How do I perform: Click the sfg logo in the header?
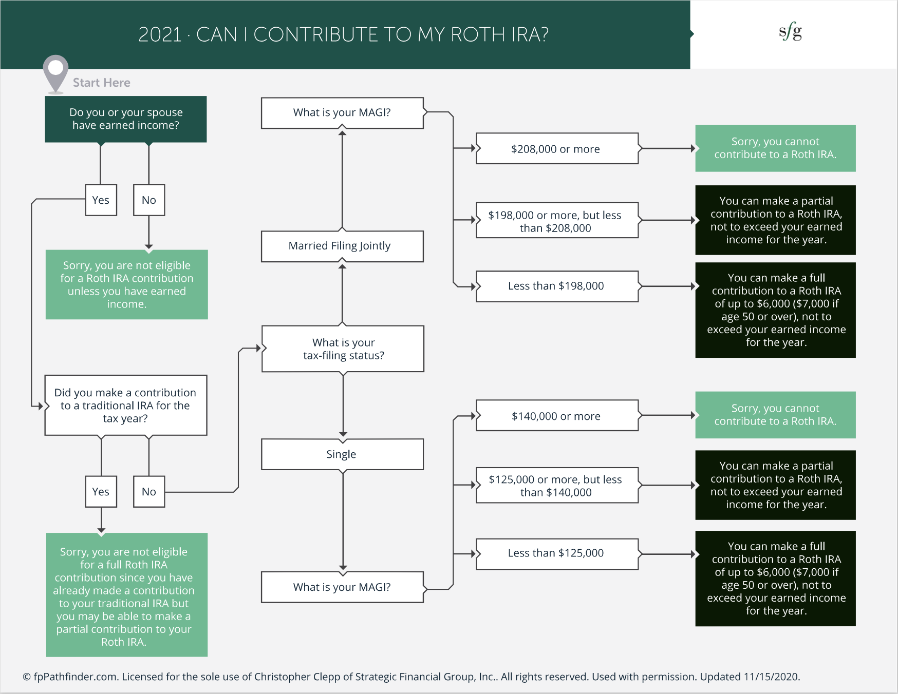pos(790,32)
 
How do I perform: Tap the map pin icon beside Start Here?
pos(55,72)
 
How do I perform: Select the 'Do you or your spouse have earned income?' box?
pos(126,119)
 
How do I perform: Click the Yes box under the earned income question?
pos(101,200)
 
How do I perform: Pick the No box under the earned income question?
pos(149,200)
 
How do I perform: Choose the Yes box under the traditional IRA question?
pos(101,492)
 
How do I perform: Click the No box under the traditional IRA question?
pos(149,492)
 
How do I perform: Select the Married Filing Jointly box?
pos(342,246)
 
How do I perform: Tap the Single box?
pos(342,454)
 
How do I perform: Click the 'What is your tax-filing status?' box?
pos(343,349)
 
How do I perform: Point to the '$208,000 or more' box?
pos(557,149)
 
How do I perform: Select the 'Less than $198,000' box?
pos(557,286)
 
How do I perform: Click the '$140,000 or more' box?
pos(557,416)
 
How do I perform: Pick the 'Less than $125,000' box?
pos(557,553)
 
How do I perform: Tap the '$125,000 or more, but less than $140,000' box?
pos(557,486)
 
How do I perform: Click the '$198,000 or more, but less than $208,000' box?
pos(557,221)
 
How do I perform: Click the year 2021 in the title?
pos(160,35)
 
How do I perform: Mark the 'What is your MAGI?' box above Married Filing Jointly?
pos(342,113)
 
